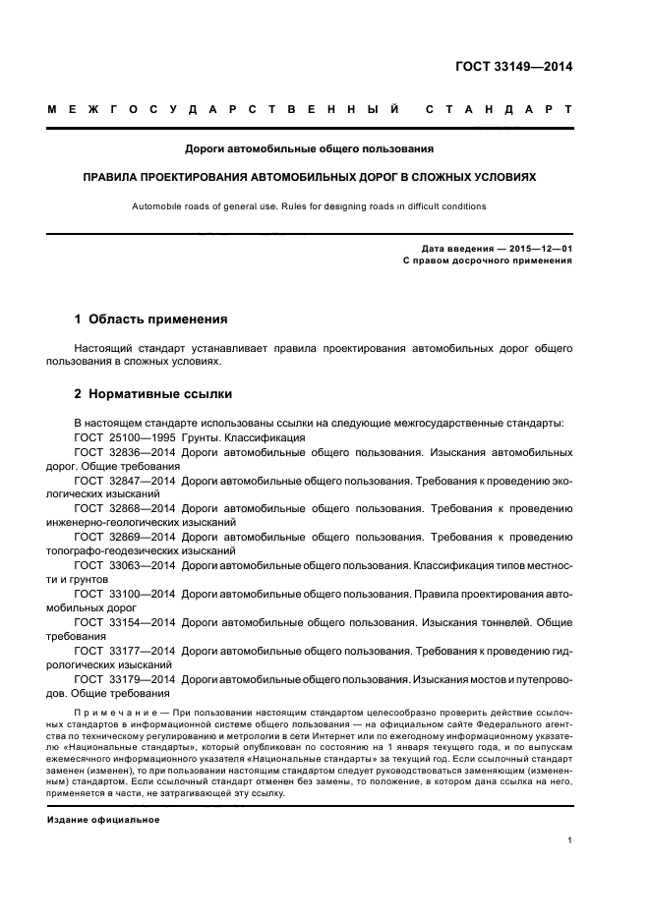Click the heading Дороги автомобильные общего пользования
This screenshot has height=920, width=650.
pyautogui.click(x=310, y=149)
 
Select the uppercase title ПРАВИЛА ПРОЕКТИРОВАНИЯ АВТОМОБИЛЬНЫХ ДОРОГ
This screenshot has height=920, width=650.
pyautogui.click(x=310, y=178)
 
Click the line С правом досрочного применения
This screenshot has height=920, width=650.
pyautogui.click(x=488, y=261)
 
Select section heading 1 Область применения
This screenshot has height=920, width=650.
pyautogui.click(x=151, y=319)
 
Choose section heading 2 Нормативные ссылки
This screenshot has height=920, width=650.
pyautogui.click(x=153, y=394)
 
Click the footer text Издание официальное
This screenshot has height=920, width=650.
pyautogui.click(x=103, y=819)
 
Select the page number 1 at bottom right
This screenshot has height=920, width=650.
pyautogui.click(x=569, y=840)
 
